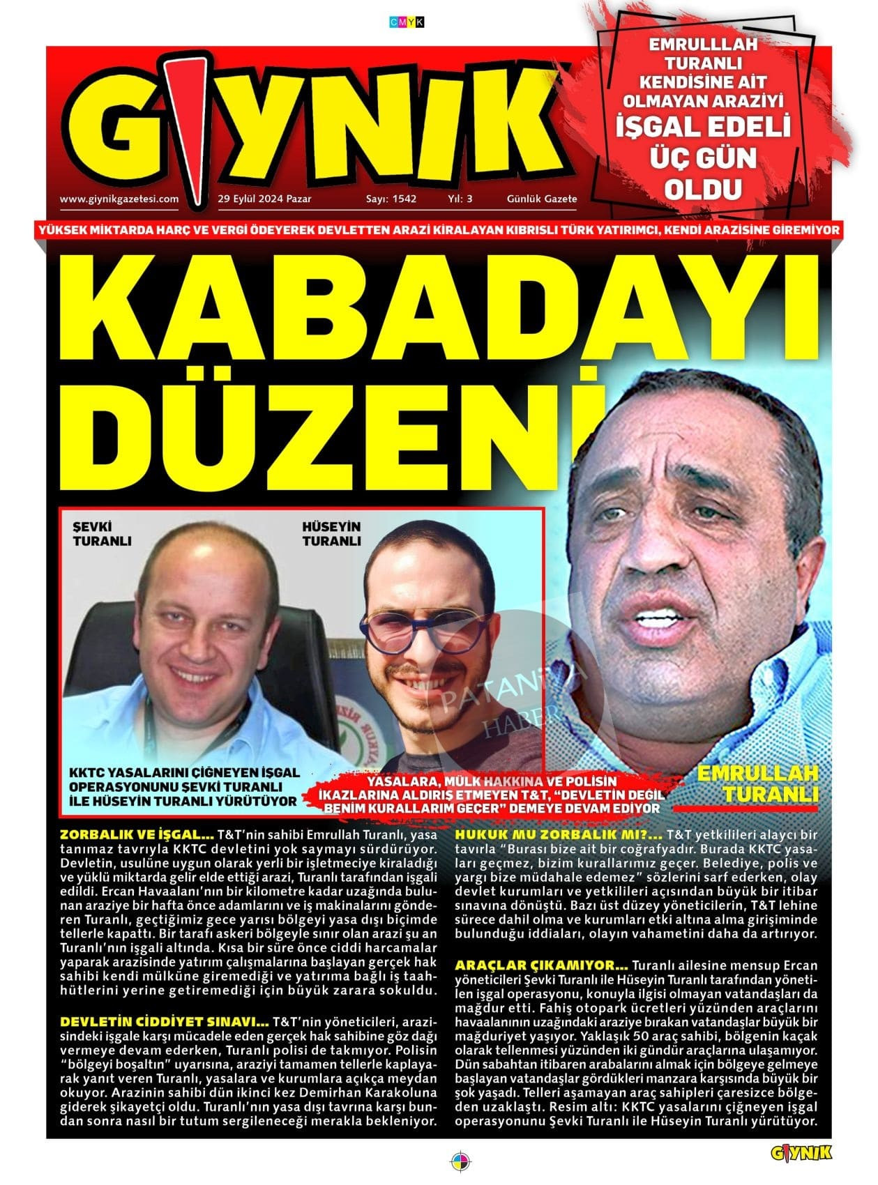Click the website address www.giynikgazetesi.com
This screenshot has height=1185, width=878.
click(119, 199)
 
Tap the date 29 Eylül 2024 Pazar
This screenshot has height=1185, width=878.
click(259, 199)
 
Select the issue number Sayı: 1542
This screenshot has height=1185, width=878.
click(391, 199)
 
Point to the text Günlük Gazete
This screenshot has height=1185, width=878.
click(542, 199)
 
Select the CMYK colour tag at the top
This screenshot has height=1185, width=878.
click(407, 23)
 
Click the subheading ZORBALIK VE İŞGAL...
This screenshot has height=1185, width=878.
click(137, 834)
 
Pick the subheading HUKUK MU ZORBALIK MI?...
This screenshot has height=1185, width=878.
click(559, 834)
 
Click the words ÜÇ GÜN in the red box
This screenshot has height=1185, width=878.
click(702, 158)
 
